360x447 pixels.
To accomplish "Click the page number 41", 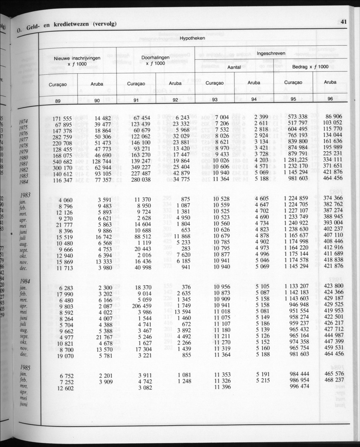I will (343, 22).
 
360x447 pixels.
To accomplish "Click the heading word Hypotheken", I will (192, 39).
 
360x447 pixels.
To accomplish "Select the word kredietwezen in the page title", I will (69, 25).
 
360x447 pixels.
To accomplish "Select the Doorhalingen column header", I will (155, 57).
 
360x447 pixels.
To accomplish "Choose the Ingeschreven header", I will (271, 54).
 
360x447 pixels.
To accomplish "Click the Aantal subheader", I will (234, 68).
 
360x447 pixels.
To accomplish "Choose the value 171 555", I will (62, 119).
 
